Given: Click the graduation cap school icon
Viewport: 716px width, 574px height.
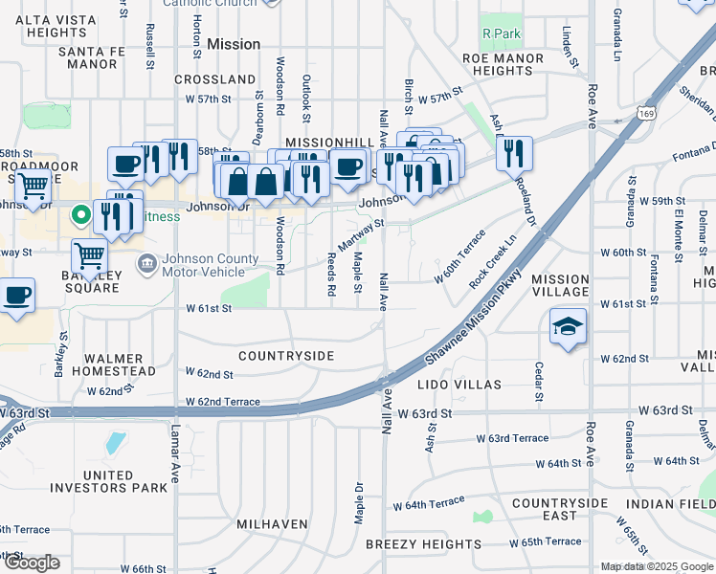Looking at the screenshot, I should pyautogui.click(x=568, y=327).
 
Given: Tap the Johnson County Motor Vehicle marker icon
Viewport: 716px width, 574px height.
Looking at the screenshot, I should pyautogui.click(x=148, y=264).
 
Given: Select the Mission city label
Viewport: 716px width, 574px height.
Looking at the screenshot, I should pyautogui.click(x=233, y=44).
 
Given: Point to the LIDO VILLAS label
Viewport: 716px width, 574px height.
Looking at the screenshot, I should pyautogui.click(x=459, y=385).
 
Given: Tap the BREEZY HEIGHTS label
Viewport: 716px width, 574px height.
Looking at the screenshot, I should pyautogui.click(x=423, y=544).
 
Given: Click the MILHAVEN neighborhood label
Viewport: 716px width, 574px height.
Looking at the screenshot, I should pyautogui.click(x=273, y=524).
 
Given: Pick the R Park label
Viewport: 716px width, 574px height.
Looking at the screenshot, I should pyautogui.click(x=501, y=33).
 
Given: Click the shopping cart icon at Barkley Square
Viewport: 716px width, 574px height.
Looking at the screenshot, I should pyautogui.click(x=89, y=255).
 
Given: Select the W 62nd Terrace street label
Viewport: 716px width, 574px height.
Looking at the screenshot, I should pyautogui.click(x=221, y=402).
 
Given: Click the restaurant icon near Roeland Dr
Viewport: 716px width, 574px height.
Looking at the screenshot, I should pyautogui.click(x=514, y=153).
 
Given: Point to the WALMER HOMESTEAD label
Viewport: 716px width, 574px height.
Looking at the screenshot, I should pyautogui.click(x=106, y=364).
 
